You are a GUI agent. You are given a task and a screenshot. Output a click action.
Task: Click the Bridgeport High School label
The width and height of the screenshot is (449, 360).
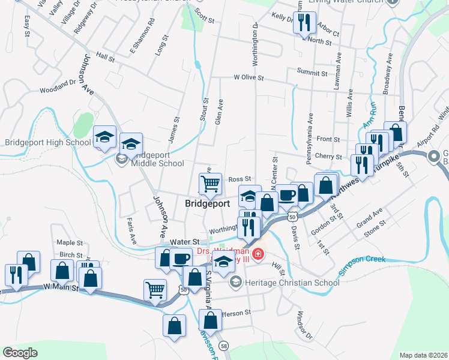pyautogui.click(x=48, y=143)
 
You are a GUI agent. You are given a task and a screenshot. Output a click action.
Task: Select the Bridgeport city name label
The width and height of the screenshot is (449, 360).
pyautogui.click(x=208, y=204)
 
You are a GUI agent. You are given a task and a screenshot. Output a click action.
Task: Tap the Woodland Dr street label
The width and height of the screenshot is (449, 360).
pyautogui.click(x=58, y=90)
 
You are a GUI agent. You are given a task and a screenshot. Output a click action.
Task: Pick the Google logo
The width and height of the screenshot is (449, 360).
pyautogui.click(x=20, y=352)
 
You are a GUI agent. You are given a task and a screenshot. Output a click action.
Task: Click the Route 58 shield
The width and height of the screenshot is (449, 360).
pyautogui.click(x=224, y=346)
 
